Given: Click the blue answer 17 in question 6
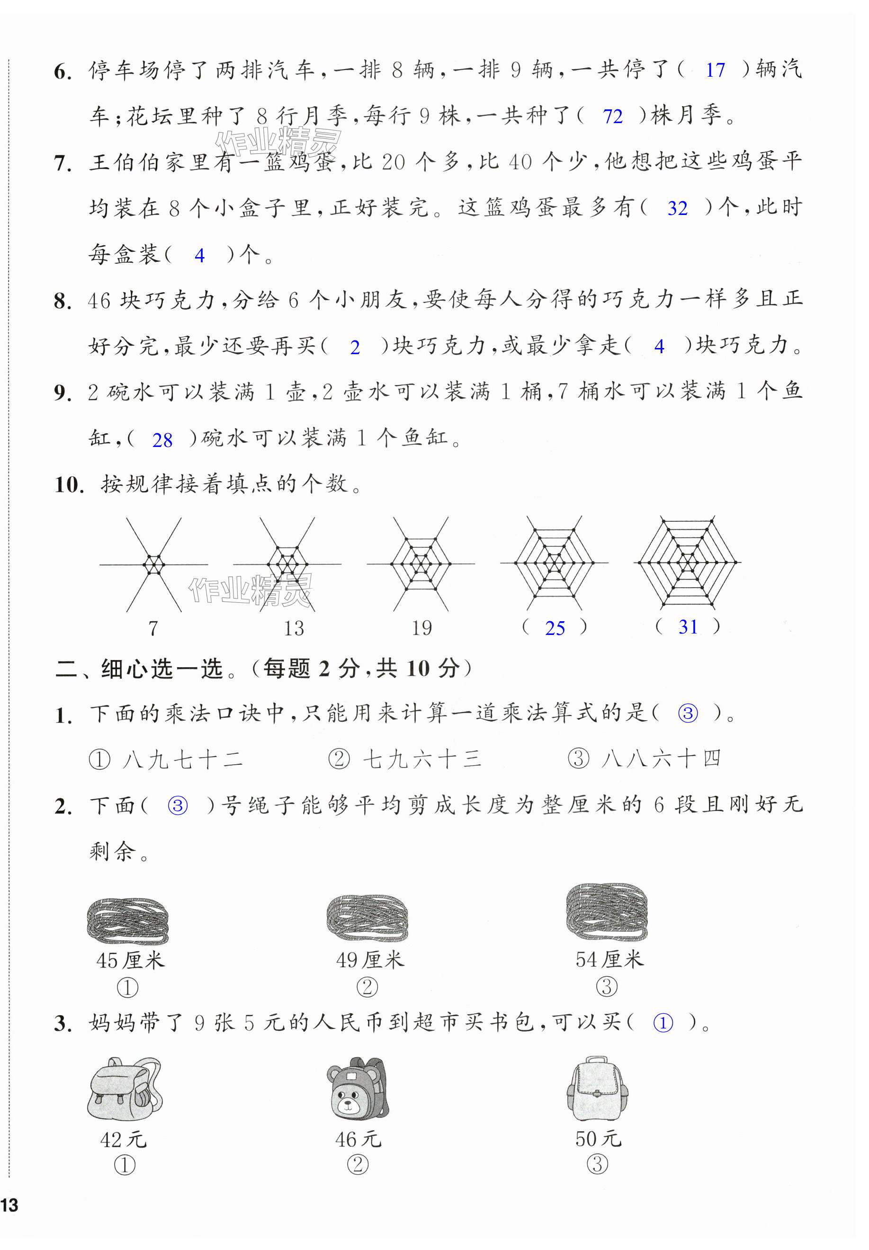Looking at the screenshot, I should coord(715,70).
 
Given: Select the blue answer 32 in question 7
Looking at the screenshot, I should coord(677,208).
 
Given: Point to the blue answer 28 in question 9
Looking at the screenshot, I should coord(162,440).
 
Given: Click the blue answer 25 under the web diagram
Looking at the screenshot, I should coord(555,628).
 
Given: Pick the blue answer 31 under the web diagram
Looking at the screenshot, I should coord(688,627).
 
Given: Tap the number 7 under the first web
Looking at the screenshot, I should coord(153,629).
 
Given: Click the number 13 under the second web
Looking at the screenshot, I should coord(294,629).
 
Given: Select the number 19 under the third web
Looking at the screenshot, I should coord(421,628).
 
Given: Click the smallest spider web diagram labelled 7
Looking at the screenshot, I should coord(153,564).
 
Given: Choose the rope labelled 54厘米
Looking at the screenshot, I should coord(607,912).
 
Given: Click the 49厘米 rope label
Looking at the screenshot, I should coord(370,960).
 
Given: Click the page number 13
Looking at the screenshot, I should coord(10,1205).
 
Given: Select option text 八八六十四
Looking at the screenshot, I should coord(662,759).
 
